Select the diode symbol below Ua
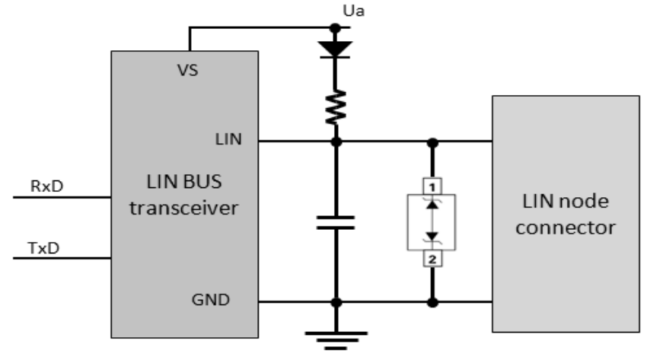pos(335,47)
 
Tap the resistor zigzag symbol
pos(335,106)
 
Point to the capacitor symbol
pos(335,221)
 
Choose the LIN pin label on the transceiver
pos(227,140)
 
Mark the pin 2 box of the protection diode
pos(432,259)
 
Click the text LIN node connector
pos(565,214)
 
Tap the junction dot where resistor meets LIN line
pos(335,142)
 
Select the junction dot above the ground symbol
pos(335,302)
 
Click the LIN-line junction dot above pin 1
pos(432,142)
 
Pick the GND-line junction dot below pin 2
pos(432,302)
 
